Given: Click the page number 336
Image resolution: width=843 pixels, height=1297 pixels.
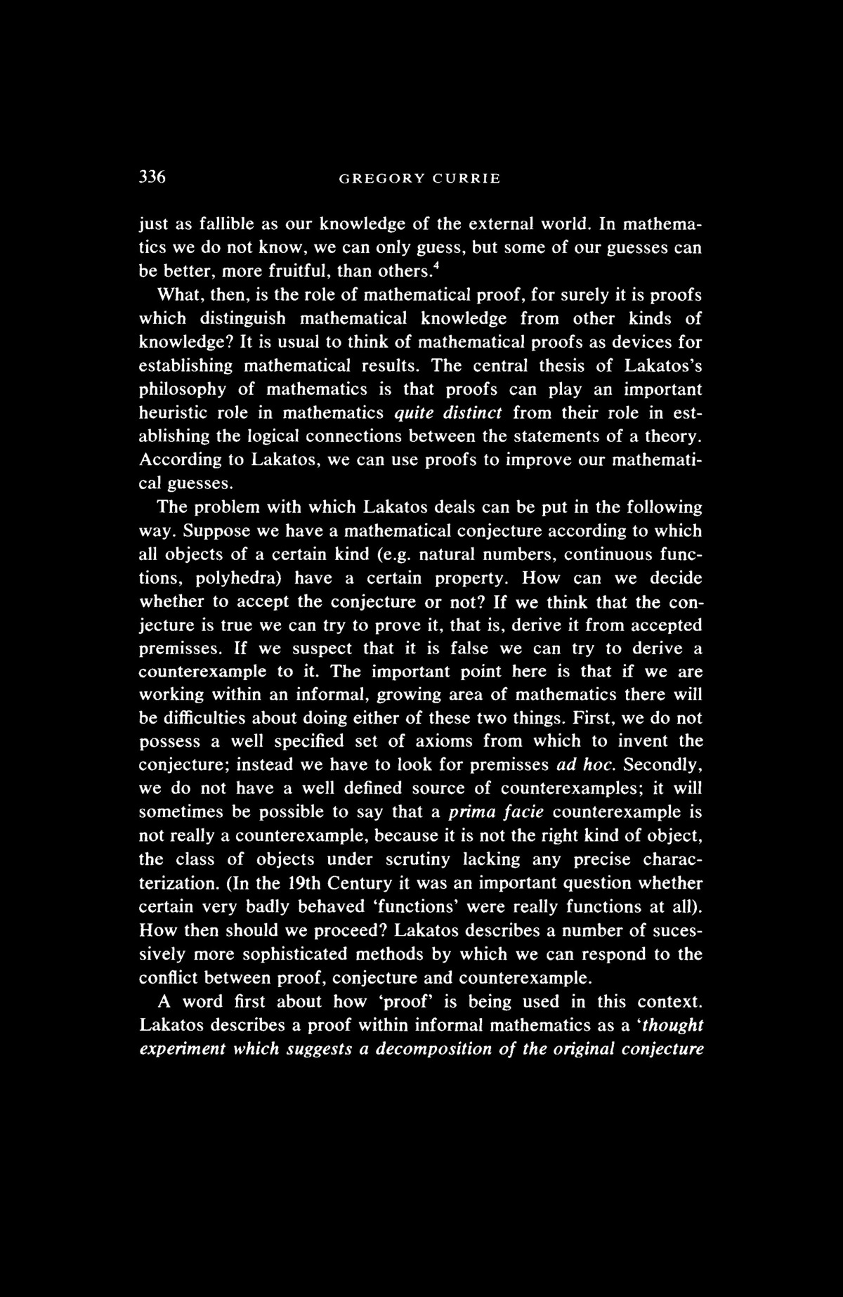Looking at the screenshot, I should tap(152, 177).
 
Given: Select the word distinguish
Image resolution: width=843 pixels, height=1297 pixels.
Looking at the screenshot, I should tap(242, 318).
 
